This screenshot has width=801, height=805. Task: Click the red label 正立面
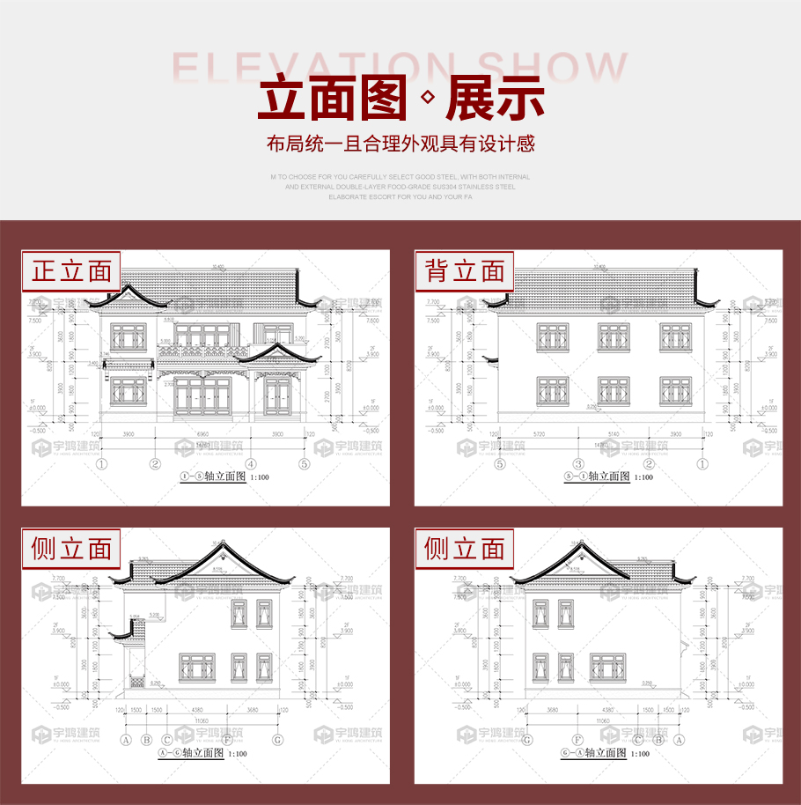click(72, 271)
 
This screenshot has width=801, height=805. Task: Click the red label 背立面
click(465, 271)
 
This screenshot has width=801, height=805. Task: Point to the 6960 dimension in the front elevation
click(202, 435)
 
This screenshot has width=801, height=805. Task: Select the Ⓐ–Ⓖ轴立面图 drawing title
click(202, 753)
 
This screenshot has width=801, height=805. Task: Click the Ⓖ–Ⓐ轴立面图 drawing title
click(607, 753)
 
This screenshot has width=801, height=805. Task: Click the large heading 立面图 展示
click(400, 100)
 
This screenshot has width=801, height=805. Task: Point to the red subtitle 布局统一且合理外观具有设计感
click(400, 144)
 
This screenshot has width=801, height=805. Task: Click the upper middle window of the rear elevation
click(614, 337)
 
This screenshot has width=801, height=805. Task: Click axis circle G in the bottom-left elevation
click(277, 739)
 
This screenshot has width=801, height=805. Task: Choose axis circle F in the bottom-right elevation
click(577, 739)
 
